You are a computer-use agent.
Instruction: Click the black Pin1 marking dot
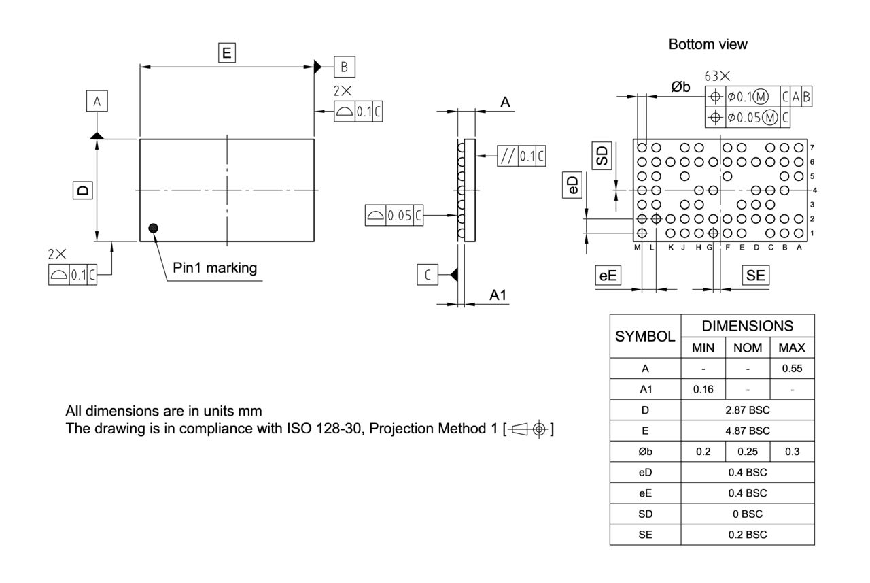154,228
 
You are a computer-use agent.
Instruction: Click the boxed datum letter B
344,67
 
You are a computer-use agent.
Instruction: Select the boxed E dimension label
226,52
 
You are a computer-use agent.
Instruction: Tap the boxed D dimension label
82,190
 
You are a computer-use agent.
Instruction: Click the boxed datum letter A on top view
97,101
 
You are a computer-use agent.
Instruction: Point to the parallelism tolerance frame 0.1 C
521,156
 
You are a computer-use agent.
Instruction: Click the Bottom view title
708,44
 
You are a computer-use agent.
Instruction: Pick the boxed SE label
755,275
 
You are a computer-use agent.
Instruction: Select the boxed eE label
608,275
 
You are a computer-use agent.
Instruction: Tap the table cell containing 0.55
792,368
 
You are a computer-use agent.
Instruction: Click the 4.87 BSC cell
748,431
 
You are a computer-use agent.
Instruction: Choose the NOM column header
748,348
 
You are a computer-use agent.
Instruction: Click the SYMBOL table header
645,336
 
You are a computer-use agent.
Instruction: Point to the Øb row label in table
645,451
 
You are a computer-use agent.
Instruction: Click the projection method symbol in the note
529,430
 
